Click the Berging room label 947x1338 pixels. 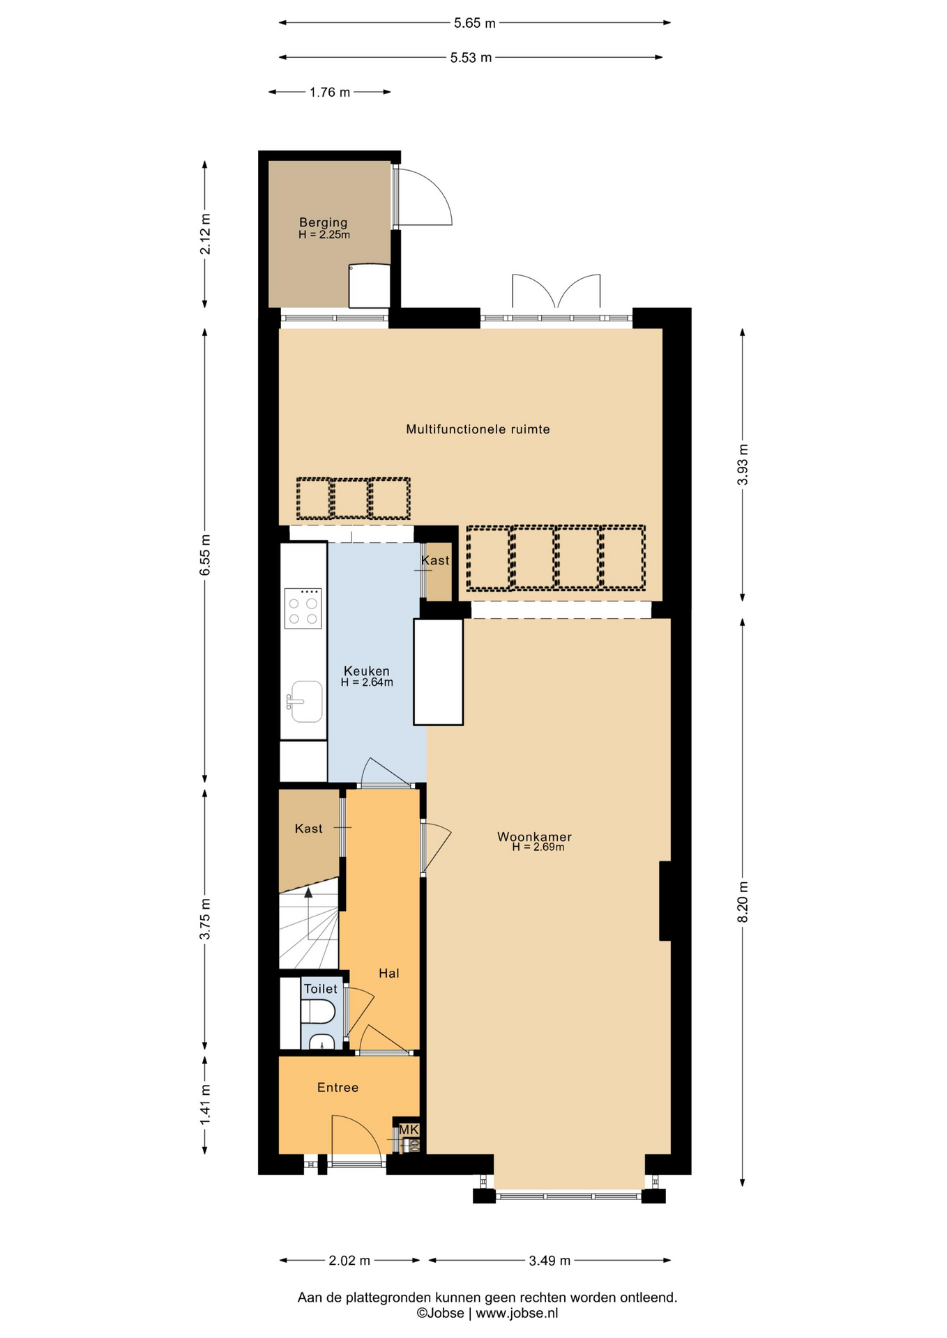323,222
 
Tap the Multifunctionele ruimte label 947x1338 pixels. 478,429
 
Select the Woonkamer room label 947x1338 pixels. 534,836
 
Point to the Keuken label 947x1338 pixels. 367,671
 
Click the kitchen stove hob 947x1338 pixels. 303,608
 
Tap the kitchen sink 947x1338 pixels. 305,701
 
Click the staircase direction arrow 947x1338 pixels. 308,913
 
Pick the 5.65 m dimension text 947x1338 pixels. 474,23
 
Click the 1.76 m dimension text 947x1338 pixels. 330,92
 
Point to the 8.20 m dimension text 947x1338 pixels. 743,902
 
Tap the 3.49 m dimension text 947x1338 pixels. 550,1260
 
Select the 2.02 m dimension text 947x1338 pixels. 349,1260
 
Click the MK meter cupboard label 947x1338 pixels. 409,1129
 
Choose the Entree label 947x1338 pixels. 338,1087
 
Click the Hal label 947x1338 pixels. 389,973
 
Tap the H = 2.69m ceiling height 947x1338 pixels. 538,847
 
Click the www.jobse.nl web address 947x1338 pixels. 517,1313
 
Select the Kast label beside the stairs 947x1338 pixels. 308,829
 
